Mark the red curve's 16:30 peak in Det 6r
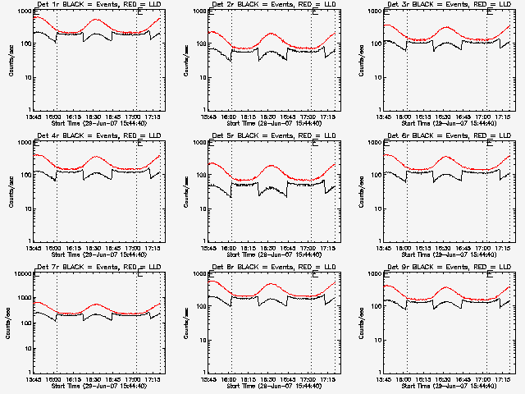(448, 157)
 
